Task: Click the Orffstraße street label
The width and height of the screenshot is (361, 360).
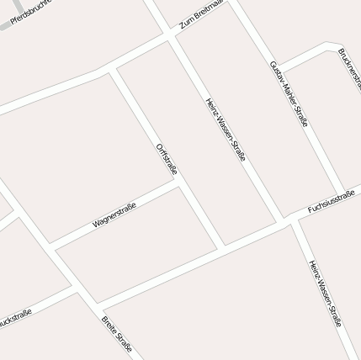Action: pos(167,159)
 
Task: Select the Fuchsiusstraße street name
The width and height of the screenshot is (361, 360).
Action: pos(332,202)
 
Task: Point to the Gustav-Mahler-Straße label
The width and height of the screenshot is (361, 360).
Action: pos(289,93)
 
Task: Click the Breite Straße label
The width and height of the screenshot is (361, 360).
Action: pos(117,334)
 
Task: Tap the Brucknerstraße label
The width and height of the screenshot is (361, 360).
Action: pos(349,67)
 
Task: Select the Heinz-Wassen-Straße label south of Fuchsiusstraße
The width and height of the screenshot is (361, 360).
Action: pos(325,292)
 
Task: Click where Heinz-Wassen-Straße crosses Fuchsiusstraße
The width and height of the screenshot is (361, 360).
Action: pos(288,220)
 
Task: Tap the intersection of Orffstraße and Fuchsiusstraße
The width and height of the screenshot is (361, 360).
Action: pos(222,247)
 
